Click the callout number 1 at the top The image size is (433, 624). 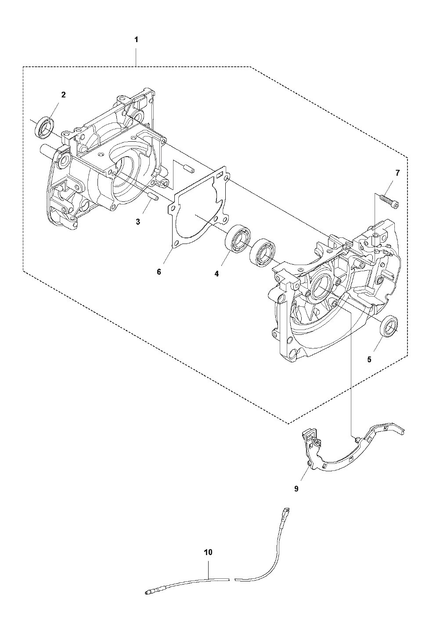point(136,40)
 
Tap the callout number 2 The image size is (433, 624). point(64,95)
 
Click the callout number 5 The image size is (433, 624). point(369,360)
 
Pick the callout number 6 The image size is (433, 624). point(159,272)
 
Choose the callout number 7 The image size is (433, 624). point(397,173)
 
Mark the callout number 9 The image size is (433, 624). point(296,489)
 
